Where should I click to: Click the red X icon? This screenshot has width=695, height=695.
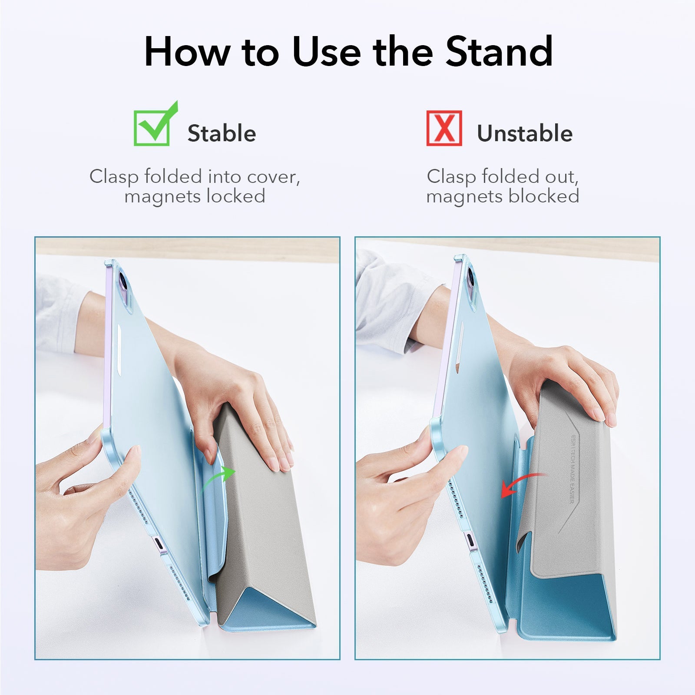pos(443,128)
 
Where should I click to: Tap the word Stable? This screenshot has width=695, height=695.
pos(222,133)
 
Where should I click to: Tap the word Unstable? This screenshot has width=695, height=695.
pos(525,133)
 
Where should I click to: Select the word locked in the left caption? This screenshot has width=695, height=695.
pos(235,196)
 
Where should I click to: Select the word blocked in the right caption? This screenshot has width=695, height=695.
pos(544,196)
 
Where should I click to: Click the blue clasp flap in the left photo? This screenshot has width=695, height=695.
pos(213,513)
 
